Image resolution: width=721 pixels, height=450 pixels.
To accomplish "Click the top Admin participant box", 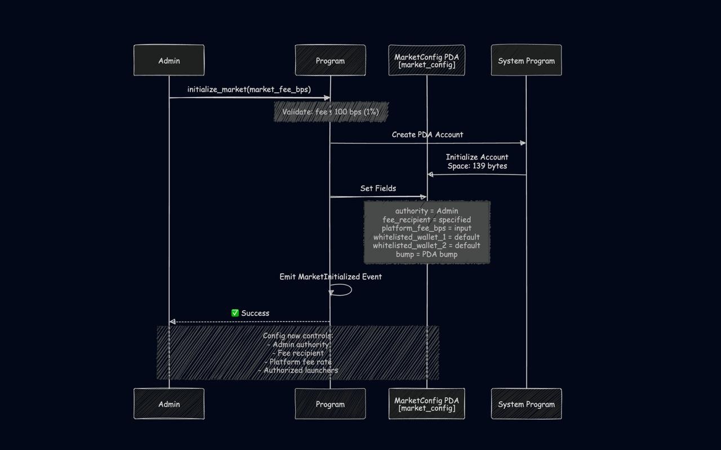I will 169,60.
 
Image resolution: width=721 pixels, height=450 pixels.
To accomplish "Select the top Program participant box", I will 330,60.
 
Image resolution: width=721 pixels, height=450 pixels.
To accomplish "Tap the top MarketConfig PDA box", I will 426,60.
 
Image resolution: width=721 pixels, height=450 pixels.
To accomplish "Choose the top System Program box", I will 526,60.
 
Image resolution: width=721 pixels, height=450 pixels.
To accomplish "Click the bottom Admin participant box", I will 169,404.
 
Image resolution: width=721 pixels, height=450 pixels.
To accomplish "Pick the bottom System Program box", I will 526,404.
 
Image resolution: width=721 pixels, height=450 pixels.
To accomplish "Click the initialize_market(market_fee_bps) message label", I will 249,90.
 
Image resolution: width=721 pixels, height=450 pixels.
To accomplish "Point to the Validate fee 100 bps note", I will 331,112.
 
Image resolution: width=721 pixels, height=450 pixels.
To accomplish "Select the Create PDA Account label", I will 428,135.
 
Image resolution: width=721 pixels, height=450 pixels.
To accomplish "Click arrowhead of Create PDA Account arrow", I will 523,143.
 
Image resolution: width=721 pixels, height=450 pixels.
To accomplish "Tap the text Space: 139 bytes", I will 477,166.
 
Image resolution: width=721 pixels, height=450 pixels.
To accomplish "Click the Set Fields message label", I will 378,188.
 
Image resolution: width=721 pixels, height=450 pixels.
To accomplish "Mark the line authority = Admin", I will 426,211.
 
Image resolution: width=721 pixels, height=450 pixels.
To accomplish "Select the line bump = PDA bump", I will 426,254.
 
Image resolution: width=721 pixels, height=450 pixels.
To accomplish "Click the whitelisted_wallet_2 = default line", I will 426,246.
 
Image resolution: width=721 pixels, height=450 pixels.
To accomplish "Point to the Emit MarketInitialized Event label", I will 331,277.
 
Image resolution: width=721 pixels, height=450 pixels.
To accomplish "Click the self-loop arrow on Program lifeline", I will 344,290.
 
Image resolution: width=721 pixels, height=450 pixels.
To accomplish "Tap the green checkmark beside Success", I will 235,313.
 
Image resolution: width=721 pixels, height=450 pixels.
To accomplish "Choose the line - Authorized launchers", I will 298,370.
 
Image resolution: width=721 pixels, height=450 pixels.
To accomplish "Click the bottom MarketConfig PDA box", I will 426,404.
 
